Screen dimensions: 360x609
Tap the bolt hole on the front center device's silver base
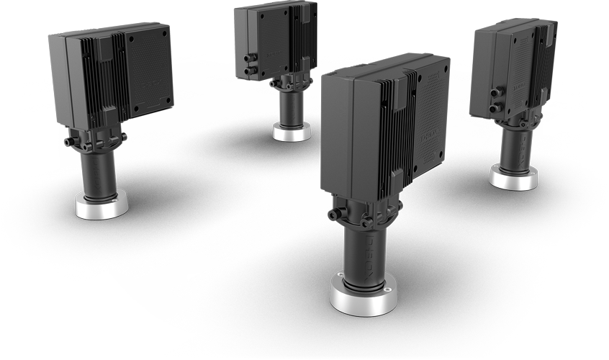coord(387,289)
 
